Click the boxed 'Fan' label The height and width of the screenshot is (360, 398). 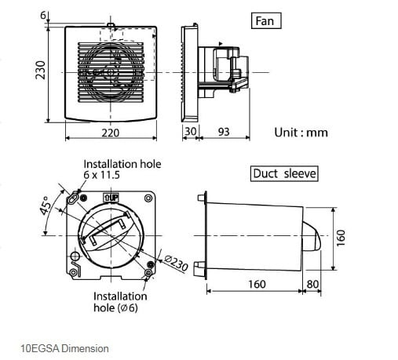click(x=266, y=20)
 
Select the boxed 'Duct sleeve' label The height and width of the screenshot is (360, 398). click(x=284, y=173)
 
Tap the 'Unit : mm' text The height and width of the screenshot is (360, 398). click(x=301, y=133)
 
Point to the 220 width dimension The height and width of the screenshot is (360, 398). click(x=111, y=133)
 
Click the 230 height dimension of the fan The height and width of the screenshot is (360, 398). click(x=41, y=70)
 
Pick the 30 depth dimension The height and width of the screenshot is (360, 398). click(x=190, y=131)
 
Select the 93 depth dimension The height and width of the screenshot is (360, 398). click(x=224, y=132)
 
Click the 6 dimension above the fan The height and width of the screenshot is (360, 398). click(x=43, y=16)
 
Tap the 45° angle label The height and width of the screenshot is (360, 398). click(x=46, y=205)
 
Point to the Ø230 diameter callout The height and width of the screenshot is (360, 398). click(x=176, y=263)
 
